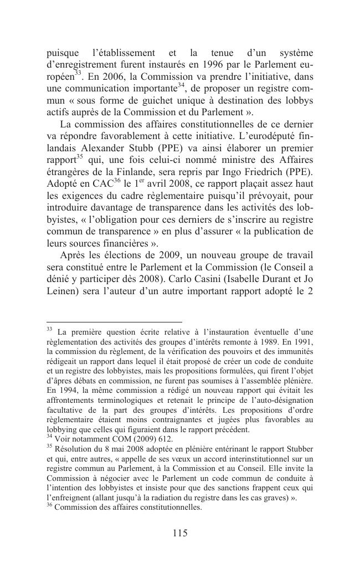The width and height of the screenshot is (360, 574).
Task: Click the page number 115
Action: coord(180,533)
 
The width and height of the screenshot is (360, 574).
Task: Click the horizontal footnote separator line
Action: coord(114,321)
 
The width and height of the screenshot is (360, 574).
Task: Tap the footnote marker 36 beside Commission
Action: coord(50,505)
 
